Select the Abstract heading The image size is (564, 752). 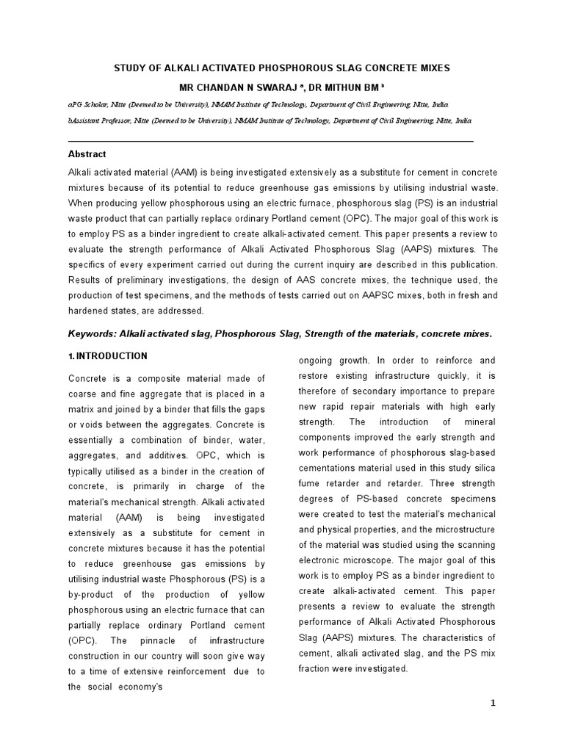(87, 154)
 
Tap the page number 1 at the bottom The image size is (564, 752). (493, 703)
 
